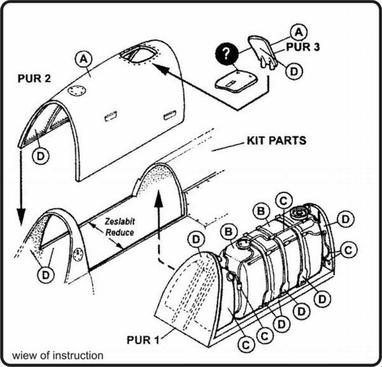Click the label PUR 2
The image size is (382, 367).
[34, 79]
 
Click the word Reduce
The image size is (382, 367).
[120, 232]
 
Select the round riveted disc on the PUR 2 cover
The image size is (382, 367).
[77, 91]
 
